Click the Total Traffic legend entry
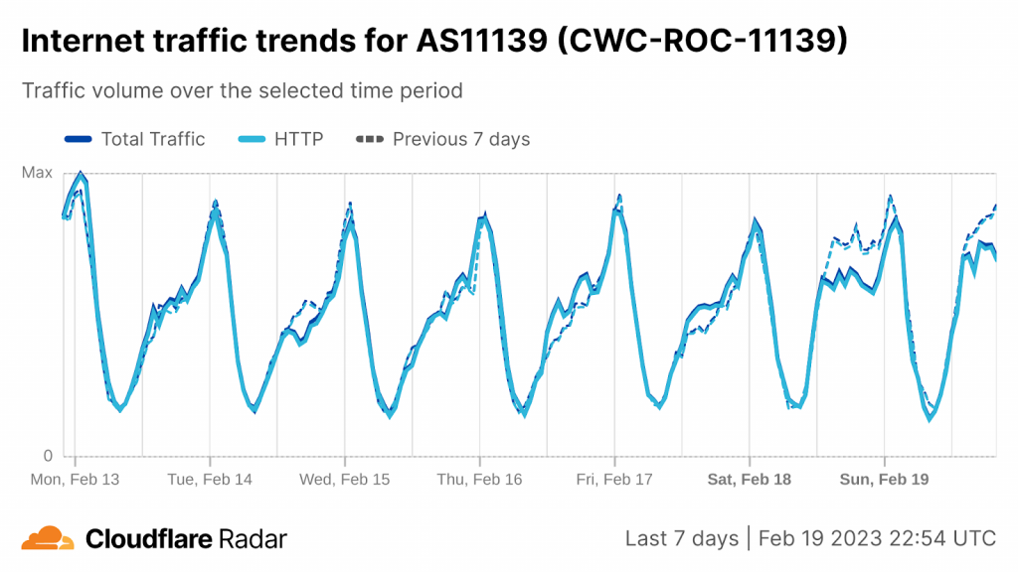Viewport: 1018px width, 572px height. point(134,139)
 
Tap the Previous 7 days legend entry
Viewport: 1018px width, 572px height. point(443,139)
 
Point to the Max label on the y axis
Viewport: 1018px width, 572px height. point(37,173)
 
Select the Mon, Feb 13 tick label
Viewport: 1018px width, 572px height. point(76,479)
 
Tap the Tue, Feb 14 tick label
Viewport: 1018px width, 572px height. point(210,479)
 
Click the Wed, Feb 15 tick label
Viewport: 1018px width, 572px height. point(345,479)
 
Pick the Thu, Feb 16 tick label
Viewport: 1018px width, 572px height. point(479,479)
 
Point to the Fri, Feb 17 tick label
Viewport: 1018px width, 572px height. point(614,479)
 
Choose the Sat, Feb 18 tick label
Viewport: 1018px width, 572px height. point(749,479)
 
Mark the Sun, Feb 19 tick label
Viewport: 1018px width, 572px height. point(884,479)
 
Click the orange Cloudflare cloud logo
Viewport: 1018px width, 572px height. point(48,538)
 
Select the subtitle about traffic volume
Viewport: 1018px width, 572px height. point(243,90)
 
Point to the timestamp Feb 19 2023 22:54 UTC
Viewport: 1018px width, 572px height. point(876,538)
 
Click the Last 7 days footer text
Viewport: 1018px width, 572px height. point(681,538)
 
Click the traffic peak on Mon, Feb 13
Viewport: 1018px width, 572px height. point(81,174)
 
